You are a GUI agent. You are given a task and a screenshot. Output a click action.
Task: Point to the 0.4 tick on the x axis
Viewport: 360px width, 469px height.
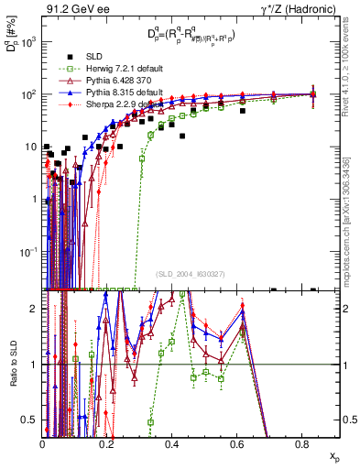tap(172, 446)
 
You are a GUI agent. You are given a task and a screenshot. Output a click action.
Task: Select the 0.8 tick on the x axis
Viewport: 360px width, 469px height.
tap(301, 446)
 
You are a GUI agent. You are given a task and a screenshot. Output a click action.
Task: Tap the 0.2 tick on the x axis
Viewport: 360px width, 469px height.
tap(107, 446)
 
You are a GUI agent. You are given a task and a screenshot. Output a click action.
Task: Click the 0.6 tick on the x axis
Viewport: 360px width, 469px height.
tap(237, 446)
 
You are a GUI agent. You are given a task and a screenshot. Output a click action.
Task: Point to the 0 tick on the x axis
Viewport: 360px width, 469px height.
tap(43, 446)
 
